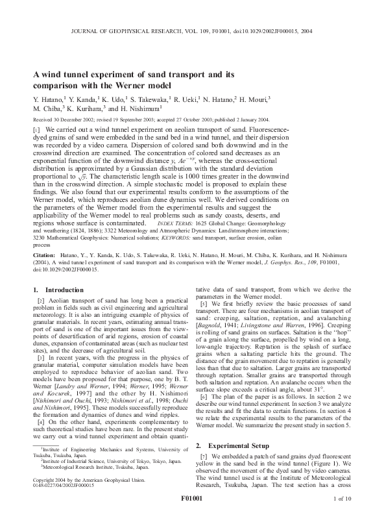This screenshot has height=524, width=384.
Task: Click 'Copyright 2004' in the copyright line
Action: click(53, 479)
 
